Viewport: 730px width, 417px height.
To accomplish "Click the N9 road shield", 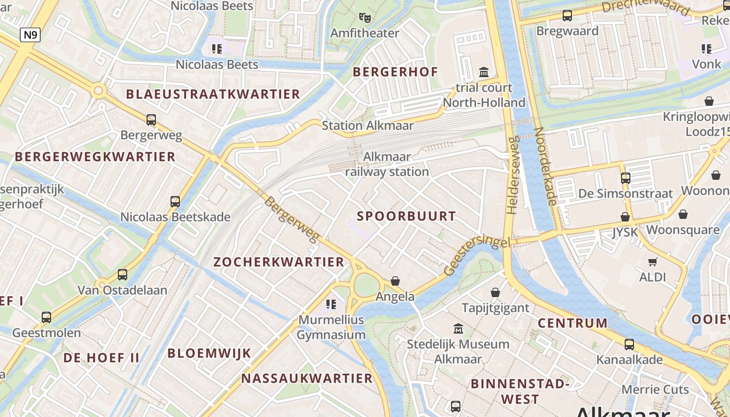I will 30,35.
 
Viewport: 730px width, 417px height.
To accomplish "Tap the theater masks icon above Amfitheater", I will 365,18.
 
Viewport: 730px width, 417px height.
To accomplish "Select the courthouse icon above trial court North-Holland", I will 484,72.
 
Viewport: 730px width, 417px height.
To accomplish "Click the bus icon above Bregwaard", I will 567,16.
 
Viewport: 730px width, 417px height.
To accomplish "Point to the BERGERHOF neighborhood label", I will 395,72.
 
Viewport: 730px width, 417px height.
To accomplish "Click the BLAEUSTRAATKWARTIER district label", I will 213,94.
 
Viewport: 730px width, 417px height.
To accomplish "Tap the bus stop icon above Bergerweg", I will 151,120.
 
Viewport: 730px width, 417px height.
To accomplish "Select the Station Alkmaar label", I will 368,126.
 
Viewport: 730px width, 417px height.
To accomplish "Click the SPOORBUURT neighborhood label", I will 406,216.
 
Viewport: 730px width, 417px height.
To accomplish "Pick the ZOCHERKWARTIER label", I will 279,262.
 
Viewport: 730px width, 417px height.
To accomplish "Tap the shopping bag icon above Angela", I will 395,281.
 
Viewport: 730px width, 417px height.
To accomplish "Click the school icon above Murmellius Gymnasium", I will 331,304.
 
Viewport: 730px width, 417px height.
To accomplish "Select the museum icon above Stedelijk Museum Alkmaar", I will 458,328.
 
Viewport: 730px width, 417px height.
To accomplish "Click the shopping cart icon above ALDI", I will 652,262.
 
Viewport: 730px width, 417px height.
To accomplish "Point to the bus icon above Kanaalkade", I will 629,344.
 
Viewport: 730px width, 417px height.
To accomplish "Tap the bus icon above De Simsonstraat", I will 626,178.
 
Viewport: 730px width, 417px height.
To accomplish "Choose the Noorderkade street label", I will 546,166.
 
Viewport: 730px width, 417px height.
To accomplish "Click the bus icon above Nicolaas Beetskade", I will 175,201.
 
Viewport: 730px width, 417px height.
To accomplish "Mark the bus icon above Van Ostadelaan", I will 123,274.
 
